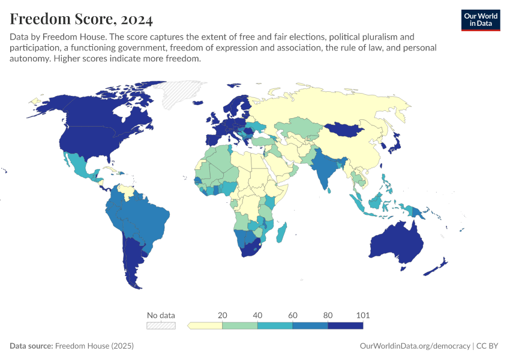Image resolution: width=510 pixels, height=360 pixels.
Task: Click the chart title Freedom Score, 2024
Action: coord(81,19)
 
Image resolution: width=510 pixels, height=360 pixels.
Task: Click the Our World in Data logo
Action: coord(480,19)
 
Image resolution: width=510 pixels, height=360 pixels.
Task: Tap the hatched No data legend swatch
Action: coord(161,325)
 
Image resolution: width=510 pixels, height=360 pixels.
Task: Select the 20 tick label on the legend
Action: coord(222,315)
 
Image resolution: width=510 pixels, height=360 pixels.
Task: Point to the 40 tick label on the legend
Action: coord(257,315)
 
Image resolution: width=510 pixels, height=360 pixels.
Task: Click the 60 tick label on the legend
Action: coord(293,315)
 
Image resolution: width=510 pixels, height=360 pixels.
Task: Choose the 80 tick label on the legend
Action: coord(328,315)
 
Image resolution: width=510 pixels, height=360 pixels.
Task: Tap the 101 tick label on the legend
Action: coord(363,315)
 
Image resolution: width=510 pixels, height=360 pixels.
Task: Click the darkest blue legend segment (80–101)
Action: coord(346,325)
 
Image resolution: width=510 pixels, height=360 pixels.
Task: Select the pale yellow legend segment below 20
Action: coord(206,325)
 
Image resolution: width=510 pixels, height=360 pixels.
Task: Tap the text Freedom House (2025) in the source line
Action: coord(94,346)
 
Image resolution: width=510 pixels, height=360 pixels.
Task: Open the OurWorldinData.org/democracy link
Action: coord(415,346)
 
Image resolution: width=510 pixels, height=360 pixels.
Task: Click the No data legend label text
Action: coord(161,315)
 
